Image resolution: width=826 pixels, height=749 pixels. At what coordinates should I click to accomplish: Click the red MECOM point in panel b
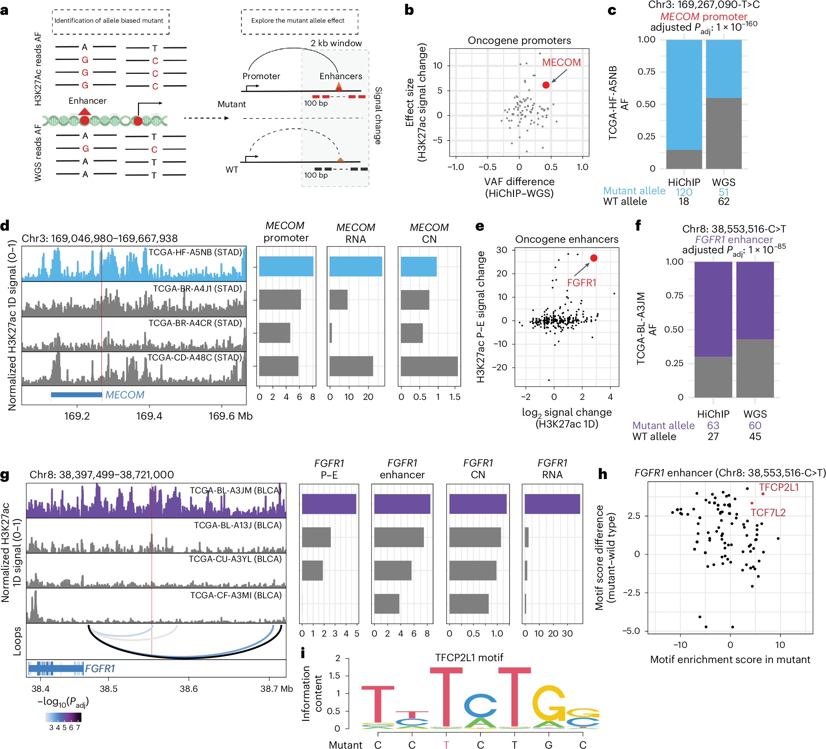[x=546, y=85]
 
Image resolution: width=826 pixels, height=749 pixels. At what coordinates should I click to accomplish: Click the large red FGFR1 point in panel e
[x=594, y=258]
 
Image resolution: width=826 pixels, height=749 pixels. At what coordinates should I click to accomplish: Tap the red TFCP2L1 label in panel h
[x=779, y=487]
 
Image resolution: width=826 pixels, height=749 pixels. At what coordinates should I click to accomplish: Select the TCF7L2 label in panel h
[x=768, y=512]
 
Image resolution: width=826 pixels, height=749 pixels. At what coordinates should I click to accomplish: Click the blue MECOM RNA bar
[x=356, y=266]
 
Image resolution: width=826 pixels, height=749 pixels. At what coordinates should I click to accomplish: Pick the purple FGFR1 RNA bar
[x=552, y=504]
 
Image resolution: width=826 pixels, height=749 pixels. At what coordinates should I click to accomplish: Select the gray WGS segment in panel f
[x=755, y=368]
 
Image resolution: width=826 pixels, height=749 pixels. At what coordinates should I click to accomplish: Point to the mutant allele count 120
[x=683, y=192]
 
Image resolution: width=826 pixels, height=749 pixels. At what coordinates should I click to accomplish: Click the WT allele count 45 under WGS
[x=755, y=436]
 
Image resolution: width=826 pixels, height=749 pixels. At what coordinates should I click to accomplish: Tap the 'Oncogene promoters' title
[x=519, y=41]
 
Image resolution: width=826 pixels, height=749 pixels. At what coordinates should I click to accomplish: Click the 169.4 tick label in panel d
[x=149, y=416]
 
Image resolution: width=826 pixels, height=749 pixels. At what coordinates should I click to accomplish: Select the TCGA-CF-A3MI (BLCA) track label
[x=235, y=595]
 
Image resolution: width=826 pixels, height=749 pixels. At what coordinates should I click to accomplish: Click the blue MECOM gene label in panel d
[x=125, y=395]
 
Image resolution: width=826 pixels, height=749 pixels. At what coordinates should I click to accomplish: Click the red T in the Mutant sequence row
[x=446, y=744]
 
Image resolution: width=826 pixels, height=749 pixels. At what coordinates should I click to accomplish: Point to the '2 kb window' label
[x=336, y=43]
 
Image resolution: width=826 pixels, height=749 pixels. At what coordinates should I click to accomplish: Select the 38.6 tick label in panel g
[x=188, y=689]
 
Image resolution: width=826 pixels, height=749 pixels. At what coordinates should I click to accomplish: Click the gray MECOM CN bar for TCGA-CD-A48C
[x=429, y=366]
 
